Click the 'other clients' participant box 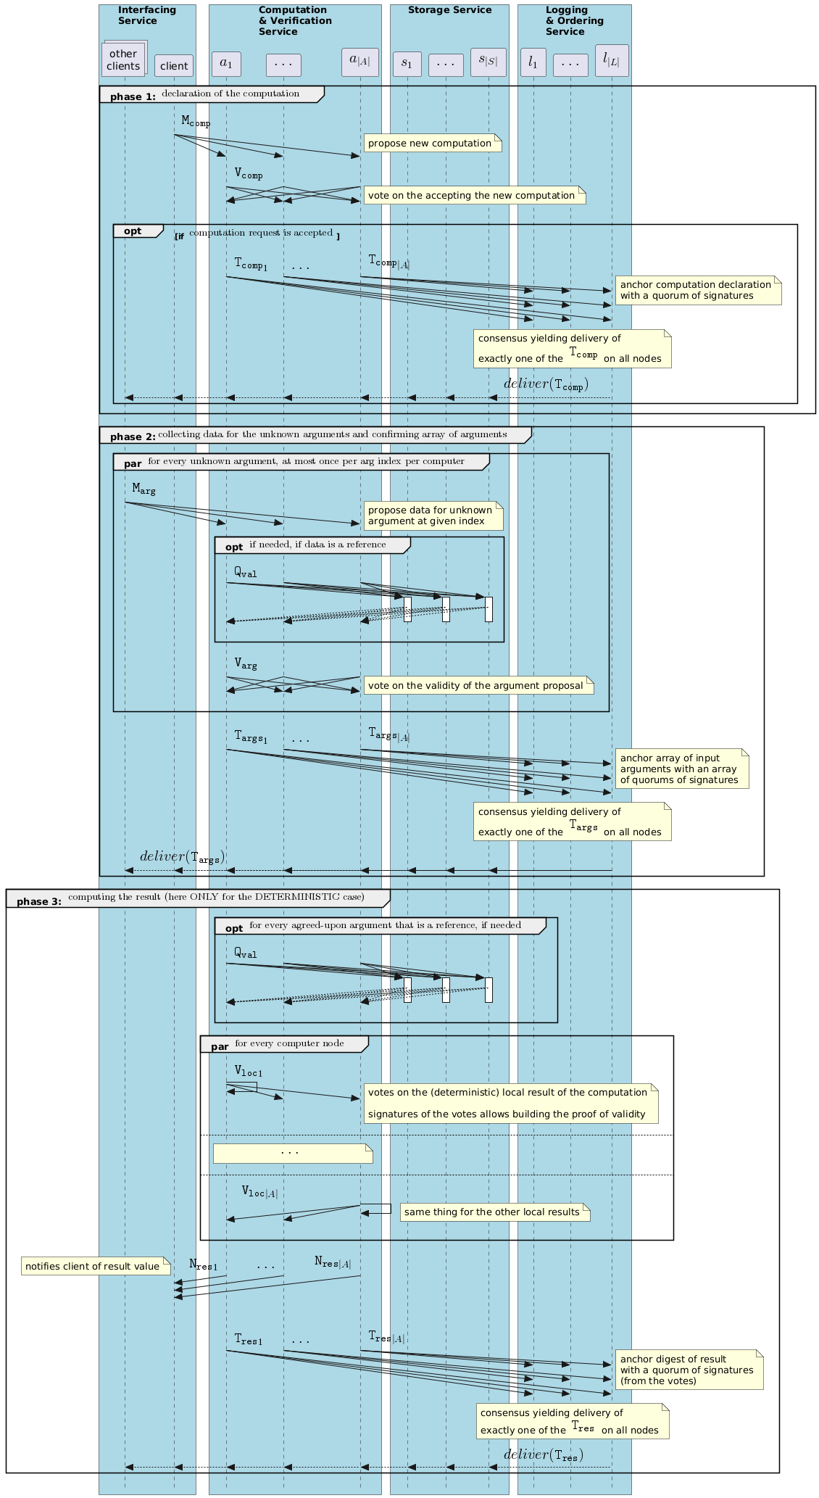123,59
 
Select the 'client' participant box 174,66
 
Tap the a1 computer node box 226,64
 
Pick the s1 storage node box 407,64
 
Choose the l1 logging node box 533,62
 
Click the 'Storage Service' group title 449,10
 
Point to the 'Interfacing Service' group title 147,15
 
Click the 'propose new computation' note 432,143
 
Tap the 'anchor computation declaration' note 698,290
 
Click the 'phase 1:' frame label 133,96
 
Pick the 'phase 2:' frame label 133,436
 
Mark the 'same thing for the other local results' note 494,1212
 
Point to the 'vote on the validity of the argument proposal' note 478,685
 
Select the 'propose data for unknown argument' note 433,516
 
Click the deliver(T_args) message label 182,856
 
